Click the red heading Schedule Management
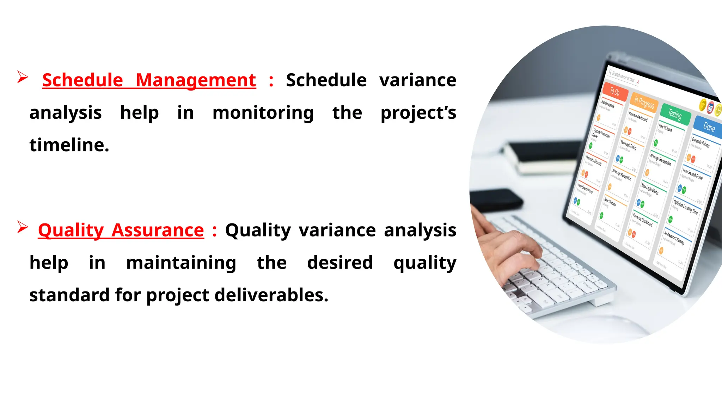tap(149, 80)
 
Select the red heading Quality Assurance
tap(121, 230)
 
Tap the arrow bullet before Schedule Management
tap(22, 77)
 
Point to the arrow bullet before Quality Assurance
tap(22, 227)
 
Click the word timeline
tap(69, 145)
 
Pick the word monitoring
tap(263, 113)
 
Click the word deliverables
tap(271, 295)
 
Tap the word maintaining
tap(181, 263)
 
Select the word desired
tap(340, 263)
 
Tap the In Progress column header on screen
tap(644, 103)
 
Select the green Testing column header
tap(675, 114)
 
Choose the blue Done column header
tap(709, 127)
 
